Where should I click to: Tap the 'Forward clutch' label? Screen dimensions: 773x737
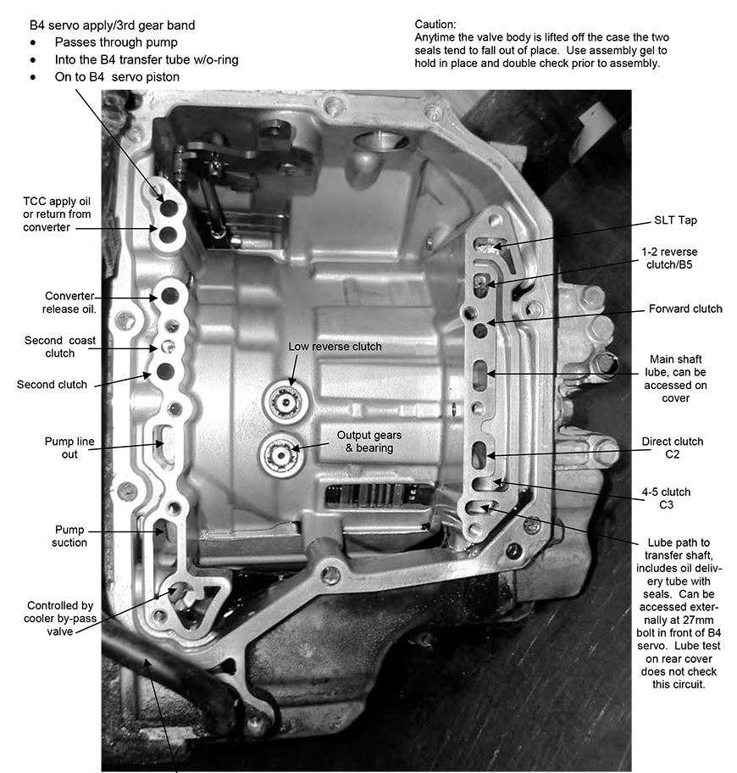coord(684,309)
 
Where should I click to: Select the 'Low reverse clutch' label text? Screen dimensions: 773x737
coord(335,347)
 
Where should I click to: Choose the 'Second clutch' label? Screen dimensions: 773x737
coord(52,384)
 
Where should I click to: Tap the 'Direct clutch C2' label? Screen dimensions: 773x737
coord(673,448)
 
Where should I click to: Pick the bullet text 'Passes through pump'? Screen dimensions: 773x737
coord(115,42)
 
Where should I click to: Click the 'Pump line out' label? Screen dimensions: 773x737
coord(69,448)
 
